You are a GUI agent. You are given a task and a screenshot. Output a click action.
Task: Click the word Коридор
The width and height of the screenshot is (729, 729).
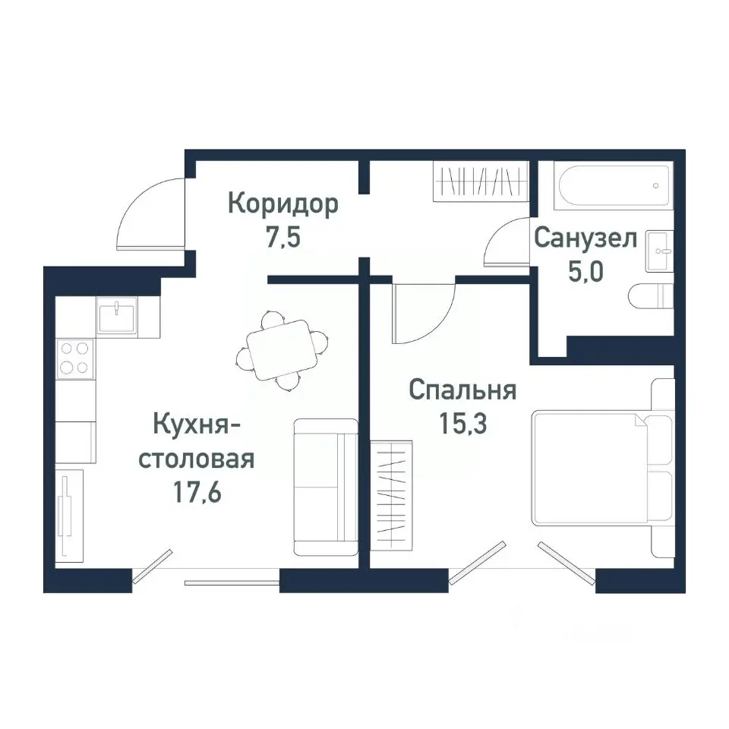point(283,205)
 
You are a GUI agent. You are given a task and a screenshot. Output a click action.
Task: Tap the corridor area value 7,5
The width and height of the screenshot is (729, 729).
point(283,238)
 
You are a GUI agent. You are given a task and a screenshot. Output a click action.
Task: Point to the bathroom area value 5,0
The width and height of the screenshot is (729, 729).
point(585,270)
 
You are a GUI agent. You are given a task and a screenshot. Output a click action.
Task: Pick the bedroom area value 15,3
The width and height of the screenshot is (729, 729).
point(462,423)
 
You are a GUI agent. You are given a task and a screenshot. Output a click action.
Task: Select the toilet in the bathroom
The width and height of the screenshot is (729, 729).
point(652,295)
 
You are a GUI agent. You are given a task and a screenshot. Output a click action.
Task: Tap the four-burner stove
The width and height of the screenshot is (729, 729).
point(74,358)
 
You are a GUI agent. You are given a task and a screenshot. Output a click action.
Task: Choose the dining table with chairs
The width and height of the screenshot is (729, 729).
point(282,350)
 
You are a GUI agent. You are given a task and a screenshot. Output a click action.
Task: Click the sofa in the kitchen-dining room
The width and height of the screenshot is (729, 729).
point(325,486)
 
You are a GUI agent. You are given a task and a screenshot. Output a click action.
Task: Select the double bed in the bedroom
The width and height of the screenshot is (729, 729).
point(600,468)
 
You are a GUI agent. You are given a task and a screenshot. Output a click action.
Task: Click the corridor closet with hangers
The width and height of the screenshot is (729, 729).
point(479,182)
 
